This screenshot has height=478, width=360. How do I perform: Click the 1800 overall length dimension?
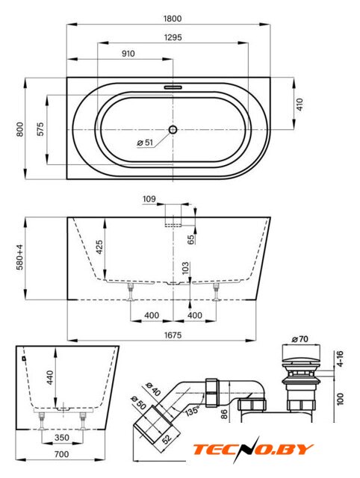(x=173, y=19)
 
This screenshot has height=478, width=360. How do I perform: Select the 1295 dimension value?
(x=173, y=37)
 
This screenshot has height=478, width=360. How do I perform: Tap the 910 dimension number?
(x=128, y=54)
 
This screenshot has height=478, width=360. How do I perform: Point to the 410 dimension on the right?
(x=300, y=105)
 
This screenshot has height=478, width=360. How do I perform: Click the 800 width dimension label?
(x=20, y=129)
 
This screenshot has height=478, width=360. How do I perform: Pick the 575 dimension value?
(x=40, y=129)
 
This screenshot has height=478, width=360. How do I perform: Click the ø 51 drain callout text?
(x=145, y=143)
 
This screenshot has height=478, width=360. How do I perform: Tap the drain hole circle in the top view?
(x=173, y=130)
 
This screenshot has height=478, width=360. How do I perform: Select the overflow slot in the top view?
(x=173, y=87)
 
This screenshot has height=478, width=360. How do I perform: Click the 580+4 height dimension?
(x=20, y=258)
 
